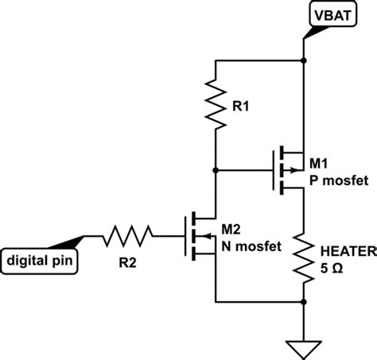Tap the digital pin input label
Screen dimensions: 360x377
(40, 259)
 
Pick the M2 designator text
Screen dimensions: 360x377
(231, 230)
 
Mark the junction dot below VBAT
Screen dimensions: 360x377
(305, 59)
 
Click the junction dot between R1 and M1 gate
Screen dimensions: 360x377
(216, 169)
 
